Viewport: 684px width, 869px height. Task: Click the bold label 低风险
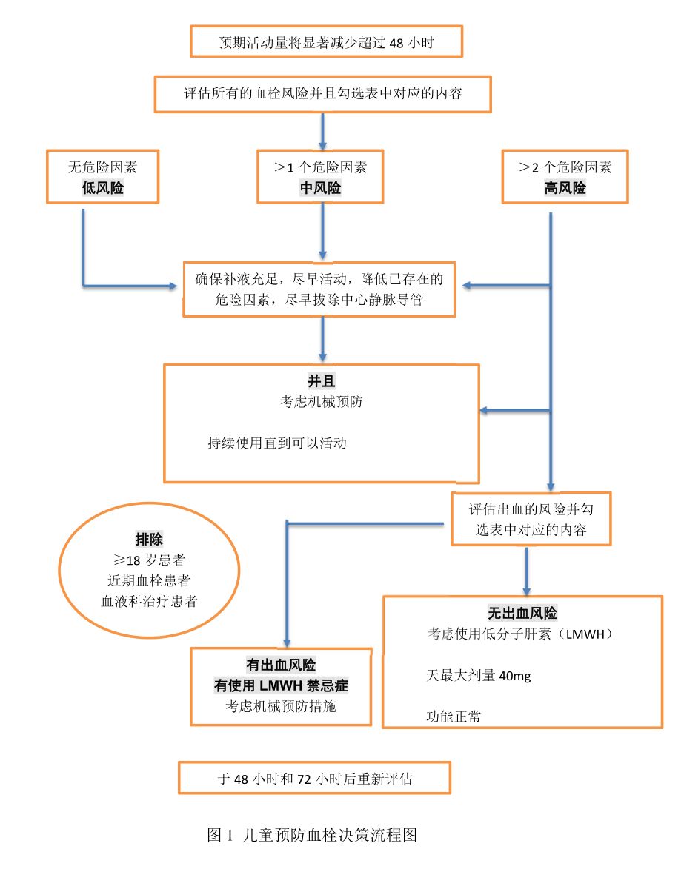point(102,188)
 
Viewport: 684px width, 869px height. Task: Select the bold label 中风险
point(320,188)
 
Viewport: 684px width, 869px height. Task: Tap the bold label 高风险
point(565,188)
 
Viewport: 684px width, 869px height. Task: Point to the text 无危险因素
point(102,167)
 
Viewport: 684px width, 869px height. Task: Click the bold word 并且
point(322,381)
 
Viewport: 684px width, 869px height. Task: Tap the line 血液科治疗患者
point(150,600)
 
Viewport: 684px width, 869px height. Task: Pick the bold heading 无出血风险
point(522,613)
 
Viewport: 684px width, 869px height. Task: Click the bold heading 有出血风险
point(281,664)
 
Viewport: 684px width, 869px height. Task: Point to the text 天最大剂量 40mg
point(478,675)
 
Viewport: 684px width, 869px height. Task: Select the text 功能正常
point(451,717)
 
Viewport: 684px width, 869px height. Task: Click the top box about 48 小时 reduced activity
point(326,43)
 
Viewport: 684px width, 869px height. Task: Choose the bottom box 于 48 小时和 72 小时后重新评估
point(315,779)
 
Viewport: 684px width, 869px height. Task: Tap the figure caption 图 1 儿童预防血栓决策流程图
point(313,836)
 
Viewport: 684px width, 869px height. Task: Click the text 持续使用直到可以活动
point(277,443)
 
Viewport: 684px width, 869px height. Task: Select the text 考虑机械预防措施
point(281,706)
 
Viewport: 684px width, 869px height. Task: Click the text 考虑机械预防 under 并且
point(322,402)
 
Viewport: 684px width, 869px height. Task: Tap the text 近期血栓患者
point(150,580)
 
